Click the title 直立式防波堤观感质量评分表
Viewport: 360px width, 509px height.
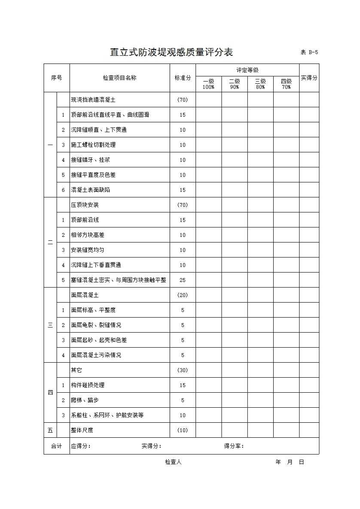click(171, 52)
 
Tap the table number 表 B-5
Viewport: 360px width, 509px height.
click(309, 52)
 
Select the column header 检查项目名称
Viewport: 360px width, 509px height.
click(119, 78)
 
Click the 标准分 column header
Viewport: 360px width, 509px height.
click(183, 78)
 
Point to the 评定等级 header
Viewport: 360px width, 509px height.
click(247, 70)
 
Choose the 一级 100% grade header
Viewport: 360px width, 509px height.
click(208, 84)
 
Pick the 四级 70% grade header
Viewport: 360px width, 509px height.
click(286, 84)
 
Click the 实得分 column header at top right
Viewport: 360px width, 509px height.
click(309, 78)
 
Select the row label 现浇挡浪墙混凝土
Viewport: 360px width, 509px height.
click(93, 100)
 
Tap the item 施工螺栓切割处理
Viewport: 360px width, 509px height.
click(93, 145)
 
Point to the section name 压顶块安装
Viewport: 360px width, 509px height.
click(85, 205)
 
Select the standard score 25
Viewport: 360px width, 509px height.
click(183, 280)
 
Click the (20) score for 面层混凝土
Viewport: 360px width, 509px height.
click(183, 295)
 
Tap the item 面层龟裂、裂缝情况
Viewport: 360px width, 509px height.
click(96, 325)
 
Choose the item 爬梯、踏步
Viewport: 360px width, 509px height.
click(85, 400)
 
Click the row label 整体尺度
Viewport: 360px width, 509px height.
click(82, 430)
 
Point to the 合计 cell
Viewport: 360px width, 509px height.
click(56, 446)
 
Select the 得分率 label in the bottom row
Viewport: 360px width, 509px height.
click(234, 446)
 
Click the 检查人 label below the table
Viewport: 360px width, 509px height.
click(173, 462)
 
